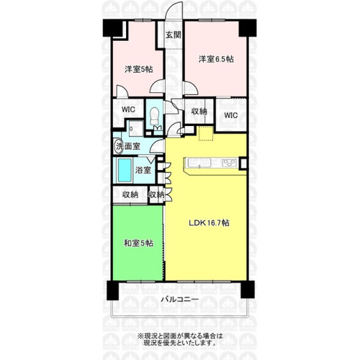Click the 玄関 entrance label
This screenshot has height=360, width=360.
[x=174, y=35]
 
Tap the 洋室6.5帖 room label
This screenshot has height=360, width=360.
[x=216, y=59]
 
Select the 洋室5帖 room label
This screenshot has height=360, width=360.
[x=138, y=69]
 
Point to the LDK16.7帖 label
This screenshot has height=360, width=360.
[x=209, y=223]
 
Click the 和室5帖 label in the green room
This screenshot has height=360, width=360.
[x=138, y=243]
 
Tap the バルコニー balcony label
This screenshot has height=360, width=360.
[x=180, y=300]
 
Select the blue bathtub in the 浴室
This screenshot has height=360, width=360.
[x=125, y=170]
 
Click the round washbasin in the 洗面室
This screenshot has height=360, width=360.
[x=117, y=145]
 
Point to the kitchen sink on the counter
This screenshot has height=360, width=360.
[x=199, y=163]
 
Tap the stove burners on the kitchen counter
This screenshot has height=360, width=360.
[x=229, y=163]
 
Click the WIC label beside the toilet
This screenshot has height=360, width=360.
[x=128, y=109]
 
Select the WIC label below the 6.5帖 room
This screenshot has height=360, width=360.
[x=231, y=115]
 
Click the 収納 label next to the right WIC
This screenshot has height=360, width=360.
[x=199, y=112]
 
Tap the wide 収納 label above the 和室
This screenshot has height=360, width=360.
[x=130, y=194]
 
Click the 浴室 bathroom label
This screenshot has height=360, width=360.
[x=143, y=170]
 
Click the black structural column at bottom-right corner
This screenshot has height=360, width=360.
[x=248, y=289]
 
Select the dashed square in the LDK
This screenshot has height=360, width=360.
[x=206, y=133]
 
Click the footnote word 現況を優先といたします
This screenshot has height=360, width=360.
[x=179, y=343]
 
